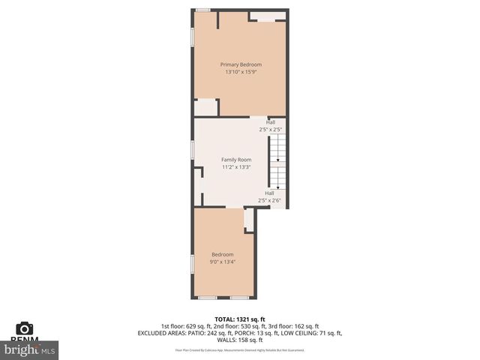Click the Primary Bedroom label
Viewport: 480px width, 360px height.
(240, 64)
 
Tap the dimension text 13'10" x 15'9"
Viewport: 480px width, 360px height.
(240, 73)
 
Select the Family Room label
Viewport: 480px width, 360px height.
(235, 159)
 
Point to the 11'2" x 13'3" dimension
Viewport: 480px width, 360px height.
(235, 167)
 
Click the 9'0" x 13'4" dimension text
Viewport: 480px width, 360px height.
(222, 262)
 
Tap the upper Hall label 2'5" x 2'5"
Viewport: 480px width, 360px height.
(270, 126)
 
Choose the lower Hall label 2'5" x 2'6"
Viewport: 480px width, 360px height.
(269, 196)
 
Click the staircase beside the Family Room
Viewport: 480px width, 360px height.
(278, 161)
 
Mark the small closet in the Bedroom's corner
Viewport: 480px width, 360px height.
(249, 218)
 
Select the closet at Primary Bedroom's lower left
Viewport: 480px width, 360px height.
(205, 107)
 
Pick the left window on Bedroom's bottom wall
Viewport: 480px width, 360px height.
(207, 298)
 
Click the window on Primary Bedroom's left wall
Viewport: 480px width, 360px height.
(193, 37)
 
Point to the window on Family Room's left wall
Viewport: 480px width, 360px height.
(193, 149)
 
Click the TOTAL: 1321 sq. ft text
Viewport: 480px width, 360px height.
(240, 319)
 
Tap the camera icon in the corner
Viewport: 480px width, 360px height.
(25, 328)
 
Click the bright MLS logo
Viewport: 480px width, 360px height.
(30, 349)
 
